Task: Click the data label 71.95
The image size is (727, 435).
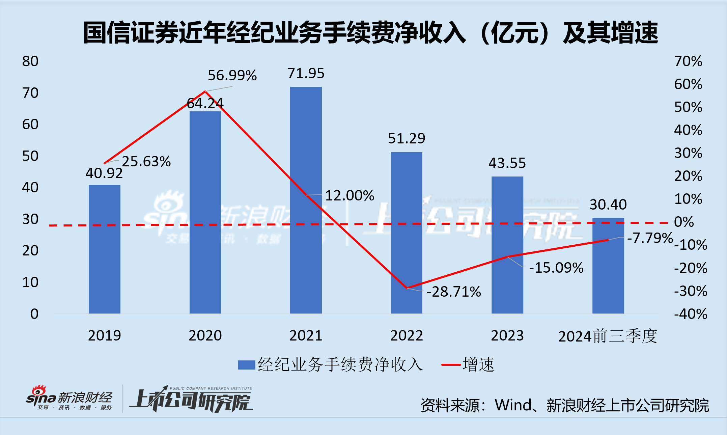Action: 306,74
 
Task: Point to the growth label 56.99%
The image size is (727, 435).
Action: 232,75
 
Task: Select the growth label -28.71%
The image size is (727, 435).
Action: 454,292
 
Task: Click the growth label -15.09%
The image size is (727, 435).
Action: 556,268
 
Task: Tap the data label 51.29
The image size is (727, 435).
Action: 407,139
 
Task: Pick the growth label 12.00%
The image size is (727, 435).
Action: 349,196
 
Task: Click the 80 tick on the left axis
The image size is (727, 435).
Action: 30,61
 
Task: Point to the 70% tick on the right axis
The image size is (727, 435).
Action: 688,61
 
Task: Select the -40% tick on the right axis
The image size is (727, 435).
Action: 691,314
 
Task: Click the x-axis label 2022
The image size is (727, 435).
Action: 407,336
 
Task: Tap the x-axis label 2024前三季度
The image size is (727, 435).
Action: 608,336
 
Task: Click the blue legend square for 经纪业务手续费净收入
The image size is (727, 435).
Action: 246,365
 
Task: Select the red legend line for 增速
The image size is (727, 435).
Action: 451,365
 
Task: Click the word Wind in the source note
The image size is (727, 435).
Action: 513,405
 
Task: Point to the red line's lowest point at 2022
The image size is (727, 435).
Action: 407,288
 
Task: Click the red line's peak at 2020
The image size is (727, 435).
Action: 205,91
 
